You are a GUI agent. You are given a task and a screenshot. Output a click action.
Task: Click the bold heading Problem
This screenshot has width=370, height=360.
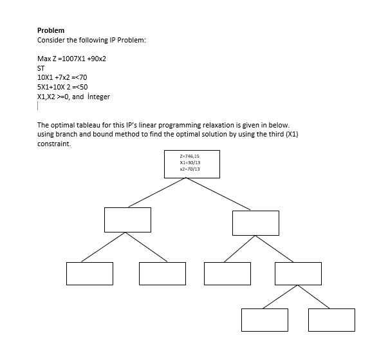pyautogui.click(x=51, y=30)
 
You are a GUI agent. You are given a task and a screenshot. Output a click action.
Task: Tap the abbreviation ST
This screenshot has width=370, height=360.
pyautogui.click(x=42, y=68)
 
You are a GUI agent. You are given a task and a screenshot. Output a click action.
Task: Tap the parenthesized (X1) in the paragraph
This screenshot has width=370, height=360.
pyautogui.click(x=291, y=134)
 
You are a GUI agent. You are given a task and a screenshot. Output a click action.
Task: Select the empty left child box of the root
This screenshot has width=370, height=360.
pyautogui.click(x=129, y=220)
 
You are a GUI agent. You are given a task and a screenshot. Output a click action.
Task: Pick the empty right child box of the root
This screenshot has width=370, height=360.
pyautogui.click(x=256, y=222)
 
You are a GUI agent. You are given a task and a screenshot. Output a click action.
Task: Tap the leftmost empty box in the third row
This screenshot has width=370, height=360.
pyautogui.click(x=89, y=273)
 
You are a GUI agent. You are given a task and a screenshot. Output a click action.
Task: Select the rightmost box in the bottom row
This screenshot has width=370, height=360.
pyautogui.click(x=331, y=320)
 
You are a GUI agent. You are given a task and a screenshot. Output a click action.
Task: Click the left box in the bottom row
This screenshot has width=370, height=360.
pyautogui.click(x=264, y=320)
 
